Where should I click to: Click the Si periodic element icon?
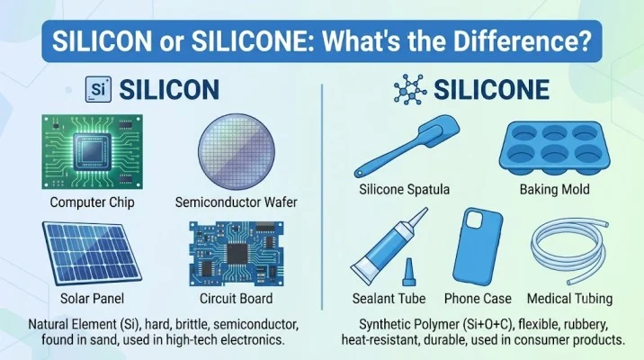(x=98, y=89)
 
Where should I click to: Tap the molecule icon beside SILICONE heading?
(x=410, y=89)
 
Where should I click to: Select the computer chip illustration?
(x=93, y=151)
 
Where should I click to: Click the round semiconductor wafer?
(x=237, y=151)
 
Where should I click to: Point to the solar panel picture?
(x=92, y=254)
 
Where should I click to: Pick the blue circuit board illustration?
(x=237, y=254)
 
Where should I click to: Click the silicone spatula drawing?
(x=407, y=147)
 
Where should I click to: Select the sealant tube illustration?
(x=389, y=247)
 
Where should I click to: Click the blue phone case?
(x=478, y=247)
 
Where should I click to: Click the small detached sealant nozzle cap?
(x=408, y=272)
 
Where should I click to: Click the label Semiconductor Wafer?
(x=237, y=202)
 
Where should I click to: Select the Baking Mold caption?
(x=554, y=190)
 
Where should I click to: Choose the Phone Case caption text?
(x=478, y=299)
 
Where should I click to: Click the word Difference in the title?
(x=517, y=41)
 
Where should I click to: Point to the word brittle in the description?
(x=192, y=324)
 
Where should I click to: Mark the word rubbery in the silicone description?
(x=586, y=325)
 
